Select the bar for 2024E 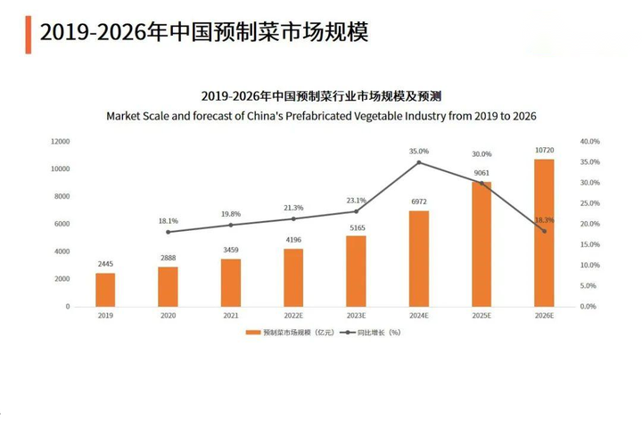418,259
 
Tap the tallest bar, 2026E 544,233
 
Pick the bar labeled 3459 230,283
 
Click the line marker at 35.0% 418,162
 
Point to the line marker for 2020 168,232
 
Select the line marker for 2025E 481,183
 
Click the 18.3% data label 545,219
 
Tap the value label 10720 544,152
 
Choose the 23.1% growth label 356,200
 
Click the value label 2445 105,265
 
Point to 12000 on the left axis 60,142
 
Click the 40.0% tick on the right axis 589,142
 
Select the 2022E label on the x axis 293,316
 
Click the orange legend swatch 253,333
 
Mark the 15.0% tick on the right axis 589,244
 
